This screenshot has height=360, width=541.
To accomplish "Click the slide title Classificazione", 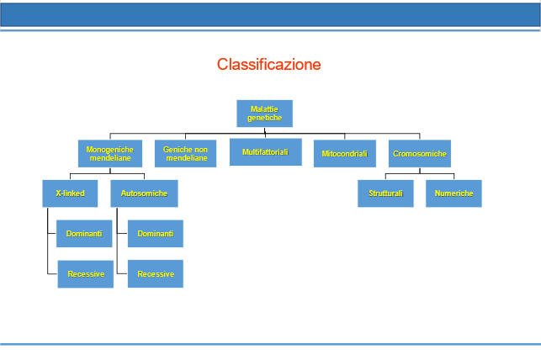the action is click(x=268, y=65).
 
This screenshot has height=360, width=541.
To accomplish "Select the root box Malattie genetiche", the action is click(x=265, y=114).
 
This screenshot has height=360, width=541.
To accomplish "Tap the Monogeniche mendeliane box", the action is click(x=110, y=153).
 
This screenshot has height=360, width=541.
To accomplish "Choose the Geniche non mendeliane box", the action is click(x=186, y=153).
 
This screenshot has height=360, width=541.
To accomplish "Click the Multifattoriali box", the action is click(x=266, y=152).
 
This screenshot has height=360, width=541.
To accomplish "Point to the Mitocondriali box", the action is click(x=345, y=153).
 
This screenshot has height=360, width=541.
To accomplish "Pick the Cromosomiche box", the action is click(x=420, y=153).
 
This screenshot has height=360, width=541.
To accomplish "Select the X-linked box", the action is click(x=70, y=193).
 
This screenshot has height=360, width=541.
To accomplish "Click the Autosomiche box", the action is click(x=144, y=193).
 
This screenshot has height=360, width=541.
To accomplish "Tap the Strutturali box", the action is click(x=385, y=193).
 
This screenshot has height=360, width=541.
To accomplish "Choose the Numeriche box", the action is click(x=453, y=193).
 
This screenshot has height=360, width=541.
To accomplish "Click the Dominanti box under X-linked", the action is click(x=84, y=234).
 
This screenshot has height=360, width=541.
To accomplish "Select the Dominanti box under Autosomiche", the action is click(x=156, y=234).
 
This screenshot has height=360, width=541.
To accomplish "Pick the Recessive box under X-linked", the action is click(x=86, y=274).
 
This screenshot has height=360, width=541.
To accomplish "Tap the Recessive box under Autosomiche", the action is click(x=156, y=274).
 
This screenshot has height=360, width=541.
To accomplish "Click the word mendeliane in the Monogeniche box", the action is click(x=110, y=158).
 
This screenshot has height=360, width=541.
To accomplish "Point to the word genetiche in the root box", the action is click(x=265, y=118).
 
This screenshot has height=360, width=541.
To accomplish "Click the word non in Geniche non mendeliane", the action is click(x=200, y=150).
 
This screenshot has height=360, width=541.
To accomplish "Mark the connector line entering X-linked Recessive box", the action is click(x=52, y=274).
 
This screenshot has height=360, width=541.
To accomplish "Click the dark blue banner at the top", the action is click(x=271, y=15).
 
